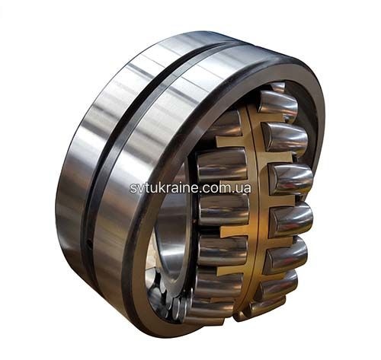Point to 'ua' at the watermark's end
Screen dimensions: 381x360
244,189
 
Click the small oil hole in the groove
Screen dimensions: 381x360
88,244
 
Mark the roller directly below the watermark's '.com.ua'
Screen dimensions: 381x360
223,209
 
